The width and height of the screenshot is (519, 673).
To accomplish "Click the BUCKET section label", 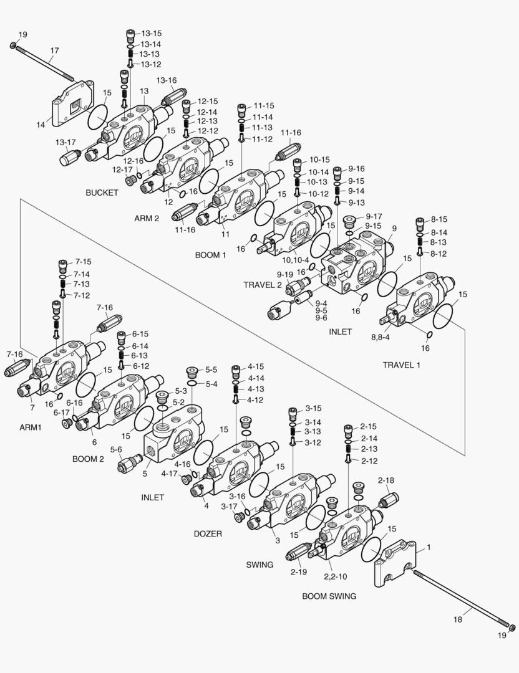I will (x=102, y=193).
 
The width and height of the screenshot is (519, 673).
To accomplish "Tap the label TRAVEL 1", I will (x=401, y=365).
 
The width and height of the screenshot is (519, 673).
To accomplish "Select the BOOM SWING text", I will (x=329, y=596).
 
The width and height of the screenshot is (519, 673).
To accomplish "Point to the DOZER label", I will (x=208, y=533).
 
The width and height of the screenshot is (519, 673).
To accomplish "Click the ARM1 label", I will (x=30, y=427).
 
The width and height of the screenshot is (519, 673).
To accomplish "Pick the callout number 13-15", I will (x=151, y=33).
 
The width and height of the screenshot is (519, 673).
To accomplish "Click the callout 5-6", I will (x=116, y=449).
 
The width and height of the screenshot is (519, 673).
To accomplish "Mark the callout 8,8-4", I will (x=380, y=337).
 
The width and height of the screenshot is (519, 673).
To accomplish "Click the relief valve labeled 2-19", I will (x=299, y=552).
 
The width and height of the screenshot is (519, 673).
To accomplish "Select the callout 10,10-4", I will (x=295, y=260).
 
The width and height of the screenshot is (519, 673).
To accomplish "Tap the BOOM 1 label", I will (x=211, y=255).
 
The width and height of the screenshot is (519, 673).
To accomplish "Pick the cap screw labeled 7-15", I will (x=62, y=264).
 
